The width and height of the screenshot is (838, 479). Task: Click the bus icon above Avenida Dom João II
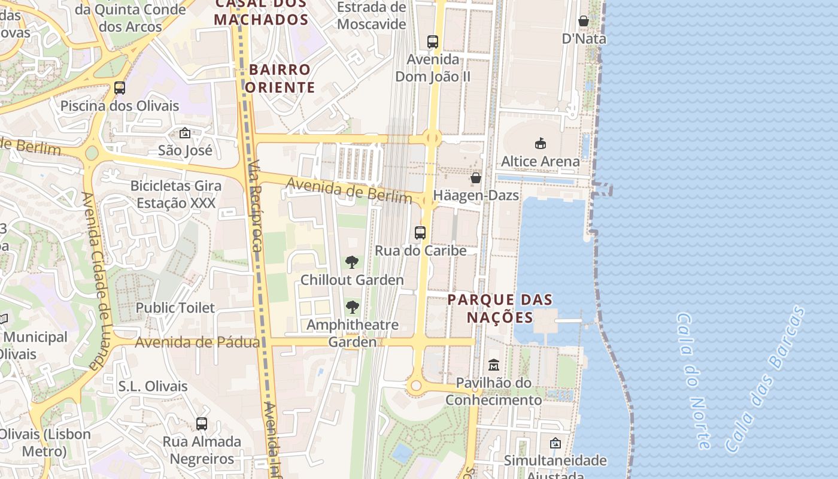(x=433, y=42)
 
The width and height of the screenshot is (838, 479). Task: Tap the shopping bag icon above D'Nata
(x=584, y=22)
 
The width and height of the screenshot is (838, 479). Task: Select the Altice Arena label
(x=540, y=161)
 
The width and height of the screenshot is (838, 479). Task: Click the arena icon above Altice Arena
(x=541, y=144)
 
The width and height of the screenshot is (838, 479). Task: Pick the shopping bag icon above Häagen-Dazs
(x=476, y=178)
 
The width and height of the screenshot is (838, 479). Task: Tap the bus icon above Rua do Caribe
(x=420, y=233)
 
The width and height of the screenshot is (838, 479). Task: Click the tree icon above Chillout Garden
(x=352, y=262)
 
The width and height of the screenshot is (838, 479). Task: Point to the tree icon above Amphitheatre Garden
(x=352, y=308)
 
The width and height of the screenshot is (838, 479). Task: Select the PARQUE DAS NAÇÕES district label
(x=500, y=308)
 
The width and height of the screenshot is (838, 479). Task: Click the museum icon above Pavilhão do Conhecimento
(x=494, y=365)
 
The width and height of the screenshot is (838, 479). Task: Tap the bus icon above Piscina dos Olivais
(x=120, y=88)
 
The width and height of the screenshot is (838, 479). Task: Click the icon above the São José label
(x=185, y=133)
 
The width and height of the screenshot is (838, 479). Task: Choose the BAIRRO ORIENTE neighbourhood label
(x=280, y=78)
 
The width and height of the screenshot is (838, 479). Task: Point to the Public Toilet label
(x=175, y=308)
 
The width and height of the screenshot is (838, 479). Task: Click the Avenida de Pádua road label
(x=198, y=342)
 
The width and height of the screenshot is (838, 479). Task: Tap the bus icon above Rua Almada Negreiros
(x=202, y=424)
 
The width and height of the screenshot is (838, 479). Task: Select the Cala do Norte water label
(x=694, y=381)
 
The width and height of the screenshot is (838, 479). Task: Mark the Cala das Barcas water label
(x=764, y=380)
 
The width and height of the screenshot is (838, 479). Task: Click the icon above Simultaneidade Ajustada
(x=555, y=443)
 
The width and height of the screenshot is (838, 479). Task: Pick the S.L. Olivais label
(x=153, y=386)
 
